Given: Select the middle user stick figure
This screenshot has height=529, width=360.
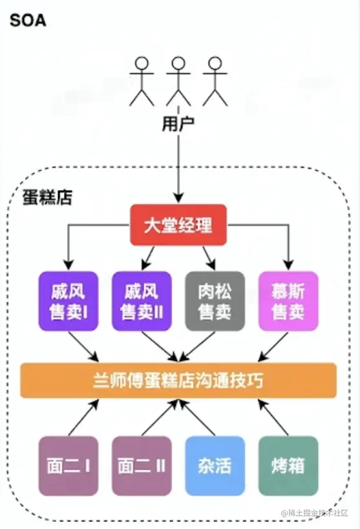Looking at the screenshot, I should (177, 81).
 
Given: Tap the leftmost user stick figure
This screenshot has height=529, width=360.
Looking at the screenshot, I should (142, 81).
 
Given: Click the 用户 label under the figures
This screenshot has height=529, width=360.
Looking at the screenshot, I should (178, 125).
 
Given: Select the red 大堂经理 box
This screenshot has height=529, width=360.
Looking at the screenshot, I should (178, 225).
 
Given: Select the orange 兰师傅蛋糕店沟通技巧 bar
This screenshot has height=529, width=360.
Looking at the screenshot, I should (178, 380).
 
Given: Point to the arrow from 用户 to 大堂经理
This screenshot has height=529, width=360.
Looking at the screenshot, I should (178, 168).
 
